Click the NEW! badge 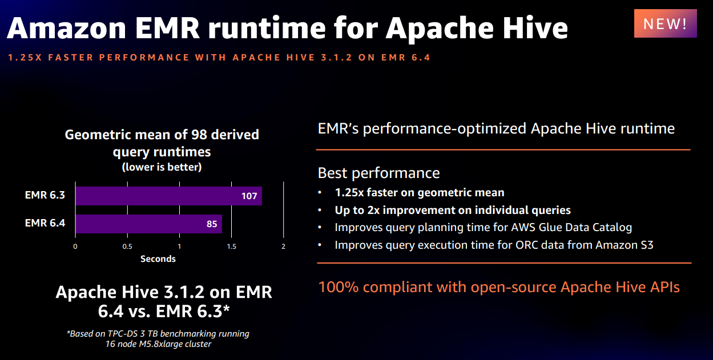click(x=665, y=24)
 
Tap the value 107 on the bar click(x=249, y=196)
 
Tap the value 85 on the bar click(x=212, y=224)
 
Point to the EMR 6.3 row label click(x=45, y=195)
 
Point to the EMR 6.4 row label click(x=45, y=223)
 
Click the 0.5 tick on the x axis click(x=127, y=246)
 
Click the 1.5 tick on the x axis click(x=231, y=246)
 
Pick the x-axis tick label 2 click(x=283, y=246)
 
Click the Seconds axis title click(x=158, y=259)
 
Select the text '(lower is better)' click(x=162, y=167)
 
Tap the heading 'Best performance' click(x=378, y=173)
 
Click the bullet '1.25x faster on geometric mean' click(x=420, y=193)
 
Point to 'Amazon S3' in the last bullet click(x=625, y=245)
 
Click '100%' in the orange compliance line click(x=338, y=287)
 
